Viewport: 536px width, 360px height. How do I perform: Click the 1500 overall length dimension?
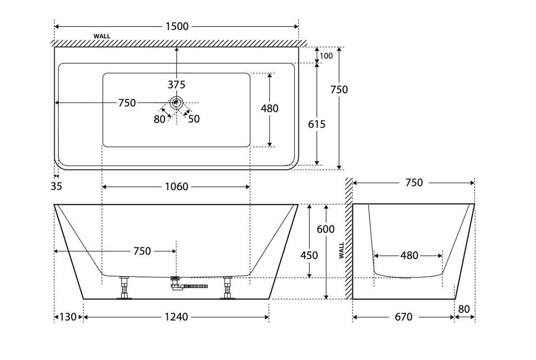(x=177, y=27)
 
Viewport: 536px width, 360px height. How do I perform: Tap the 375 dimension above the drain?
(x=177, y=84)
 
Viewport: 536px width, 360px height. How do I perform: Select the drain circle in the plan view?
(x=177, y=103)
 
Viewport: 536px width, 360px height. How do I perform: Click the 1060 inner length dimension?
(x=177, y=187)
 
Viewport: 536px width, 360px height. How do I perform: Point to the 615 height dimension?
(x=317, y=124)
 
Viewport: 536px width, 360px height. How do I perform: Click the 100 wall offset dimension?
(x=326, y=56)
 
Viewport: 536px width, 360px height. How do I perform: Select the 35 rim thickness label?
(x=57, y=186)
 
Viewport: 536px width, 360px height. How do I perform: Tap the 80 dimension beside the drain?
(x=160, y=119)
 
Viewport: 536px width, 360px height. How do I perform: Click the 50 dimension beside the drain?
(x=194, y=119)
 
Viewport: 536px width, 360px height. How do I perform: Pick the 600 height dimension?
(x=326, y=229)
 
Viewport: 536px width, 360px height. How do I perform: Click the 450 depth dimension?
(x=309, y=255)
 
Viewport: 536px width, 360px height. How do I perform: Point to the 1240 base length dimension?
(x=176, y=317)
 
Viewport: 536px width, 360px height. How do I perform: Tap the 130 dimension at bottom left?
(x=68, y=317)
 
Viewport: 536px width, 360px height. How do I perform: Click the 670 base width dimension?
(x=404, y=317)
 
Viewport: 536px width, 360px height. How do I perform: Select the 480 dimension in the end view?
(x=409, y=255)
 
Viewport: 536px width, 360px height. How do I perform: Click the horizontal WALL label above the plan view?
(x=102, y=36)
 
